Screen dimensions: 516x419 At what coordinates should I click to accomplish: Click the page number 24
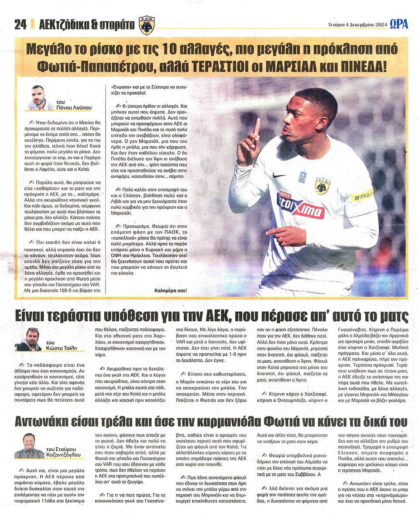click(x=20, y=25)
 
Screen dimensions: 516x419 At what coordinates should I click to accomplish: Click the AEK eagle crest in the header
click(x=147, y=26)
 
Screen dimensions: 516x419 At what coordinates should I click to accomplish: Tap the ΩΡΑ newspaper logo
click(x=398, y=24)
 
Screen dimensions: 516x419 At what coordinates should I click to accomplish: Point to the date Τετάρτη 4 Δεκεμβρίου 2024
click(x=357, y=25)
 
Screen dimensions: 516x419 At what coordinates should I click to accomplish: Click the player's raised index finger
click(x=257, y=127)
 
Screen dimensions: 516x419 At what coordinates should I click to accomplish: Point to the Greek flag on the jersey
click(x=302, y=177)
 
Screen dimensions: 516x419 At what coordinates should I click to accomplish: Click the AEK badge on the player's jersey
click(x=323, y=186)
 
